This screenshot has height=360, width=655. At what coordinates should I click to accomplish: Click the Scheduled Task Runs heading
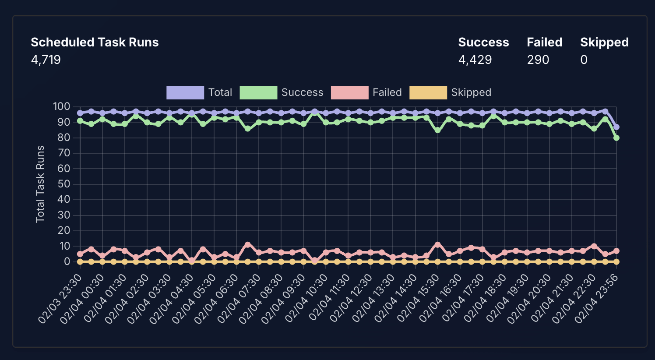tap(95, 42)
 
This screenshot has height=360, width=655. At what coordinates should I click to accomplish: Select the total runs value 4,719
tap(46, 60)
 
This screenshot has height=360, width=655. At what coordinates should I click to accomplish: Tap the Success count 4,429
tap(475, 60)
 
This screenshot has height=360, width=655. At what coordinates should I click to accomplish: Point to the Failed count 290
tap(538, 60)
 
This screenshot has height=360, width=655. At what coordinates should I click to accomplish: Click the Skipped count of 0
tap(584, 60)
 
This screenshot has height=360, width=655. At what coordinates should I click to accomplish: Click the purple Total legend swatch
tap(185, 93)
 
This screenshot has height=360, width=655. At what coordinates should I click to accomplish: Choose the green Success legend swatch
tap(258, 93)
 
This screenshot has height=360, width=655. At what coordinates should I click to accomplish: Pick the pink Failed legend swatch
tap(349, 93)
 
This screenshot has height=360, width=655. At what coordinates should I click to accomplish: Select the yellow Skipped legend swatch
tap(428, 93)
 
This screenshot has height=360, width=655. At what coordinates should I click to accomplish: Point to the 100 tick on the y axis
tap(61, 107)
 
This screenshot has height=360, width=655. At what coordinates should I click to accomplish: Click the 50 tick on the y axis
tap(64, 184)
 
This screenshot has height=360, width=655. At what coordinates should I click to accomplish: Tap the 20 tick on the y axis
tap(64, 230)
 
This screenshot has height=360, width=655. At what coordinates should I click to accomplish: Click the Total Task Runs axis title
tap(40, 184)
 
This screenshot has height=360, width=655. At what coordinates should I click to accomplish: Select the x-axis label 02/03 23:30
tap(60, 299)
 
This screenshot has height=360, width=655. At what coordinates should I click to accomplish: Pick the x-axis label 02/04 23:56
tap(596, 299)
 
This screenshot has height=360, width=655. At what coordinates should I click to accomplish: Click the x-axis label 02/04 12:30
tap(351, 299)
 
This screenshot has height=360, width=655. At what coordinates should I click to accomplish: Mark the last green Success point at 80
tap(616, 138)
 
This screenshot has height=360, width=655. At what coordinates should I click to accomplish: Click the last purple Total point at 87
tap(616, 127)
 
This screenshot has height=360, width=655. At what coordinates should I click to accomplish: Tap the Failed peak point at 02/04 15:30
tap(437, 245)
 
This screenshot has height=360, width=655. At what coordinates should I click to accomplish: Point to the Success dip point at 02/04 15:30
tap(437, 130)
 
